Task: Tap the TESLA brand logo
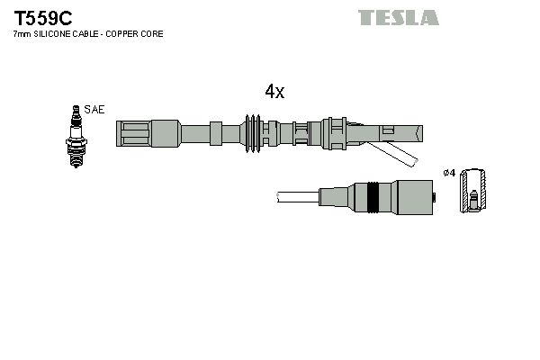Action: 398,17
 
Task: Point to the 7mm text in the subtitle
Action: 20,33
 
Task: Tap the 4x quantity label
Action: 274,92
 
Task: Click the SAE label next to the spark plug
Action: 94,109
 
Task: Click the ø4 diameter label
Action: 450,171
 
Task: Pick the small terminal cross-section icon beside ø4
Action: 473,191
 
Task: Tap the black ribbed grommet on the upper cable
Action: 253,133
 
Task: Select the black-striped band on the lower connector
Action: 371,196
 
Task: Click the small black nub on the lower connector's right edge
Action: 436,196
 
